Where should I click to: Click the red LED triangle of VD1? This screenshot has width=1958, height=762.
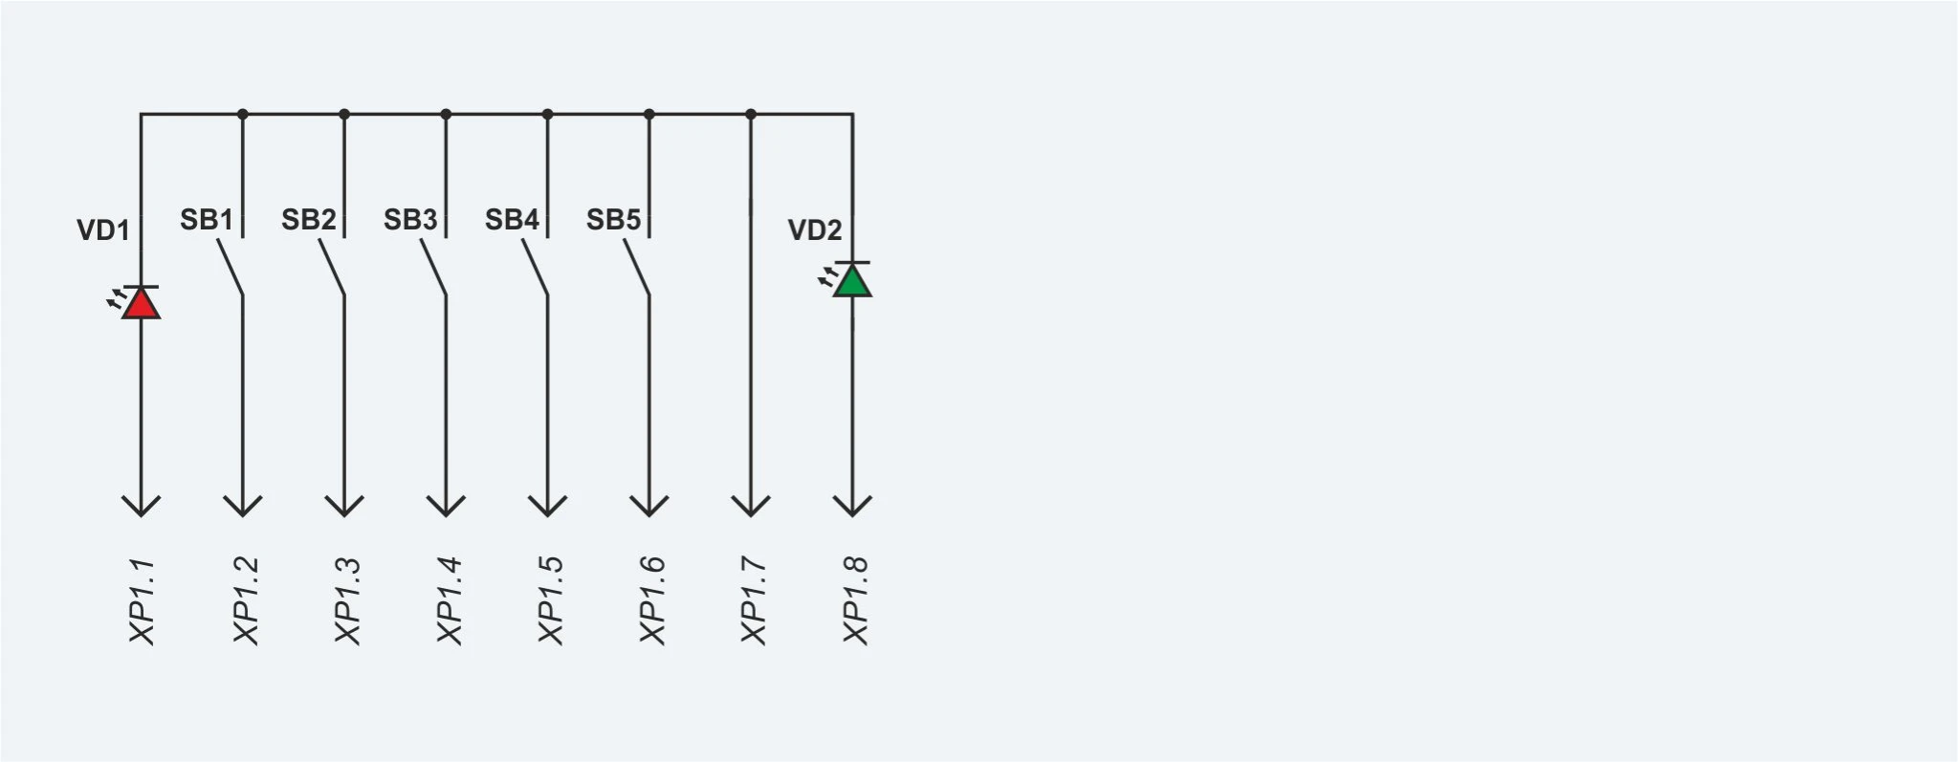tap(141, 304)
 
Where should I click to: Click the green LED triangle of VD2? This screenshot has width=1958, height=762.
tap(852, 281)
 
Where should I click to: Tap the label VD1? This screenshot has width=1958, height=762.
tap(103, 230)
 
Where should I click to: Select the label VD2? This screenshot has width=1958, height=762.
tap(815, 230)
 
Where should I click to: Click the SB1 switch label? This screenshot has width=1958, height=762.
tap(207, 220)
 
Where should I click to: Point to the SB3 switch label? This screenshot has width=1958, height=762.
tap(410, 220)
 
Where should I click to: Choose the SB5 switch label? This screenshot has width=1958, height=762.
tap(613, 220)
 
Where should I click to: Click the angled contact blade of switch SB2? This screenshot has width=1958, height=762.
tap(332, 268)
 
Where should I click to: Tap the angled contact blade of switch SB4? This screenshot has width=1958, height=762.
tap(536, 268)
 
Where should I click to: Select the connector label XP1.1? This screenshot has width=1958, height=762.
tap(142, 601)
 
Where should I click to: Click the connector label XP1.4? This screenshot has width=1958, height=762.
tap(449, 601)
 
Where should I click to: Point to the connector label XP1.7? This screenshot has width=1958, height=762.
tap(753, 601)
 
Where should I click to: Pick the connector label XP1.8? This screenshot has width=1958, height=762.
tap(855, 601)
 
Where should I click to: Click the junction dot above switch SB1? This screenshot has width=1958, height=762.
tap(243, 115)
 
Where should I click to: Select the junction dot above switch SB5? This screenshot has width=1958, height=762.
tap(649, 115)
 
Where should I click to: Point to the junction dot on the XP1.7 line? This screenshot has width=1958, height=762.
tap(751, 115)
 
